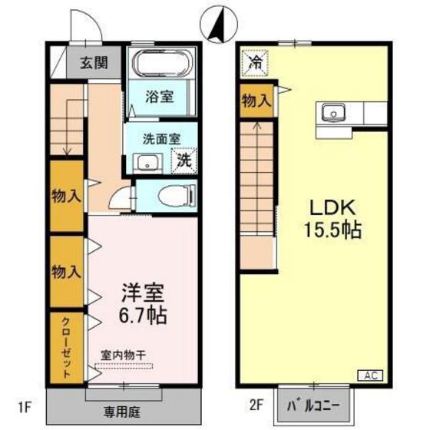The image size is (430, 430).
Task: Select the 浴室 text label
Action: (160, 98)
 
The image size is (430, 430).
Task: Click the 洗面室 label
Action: (161, 140)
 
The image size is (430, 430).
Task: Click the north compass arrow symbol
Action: (217, 26)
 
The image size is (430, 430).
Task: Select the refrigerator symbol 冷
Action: (254, 62)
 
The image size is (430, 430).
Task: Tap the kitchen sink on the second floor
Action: (336, 114)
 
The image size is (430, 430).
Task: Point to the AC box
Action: (369, 375)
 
